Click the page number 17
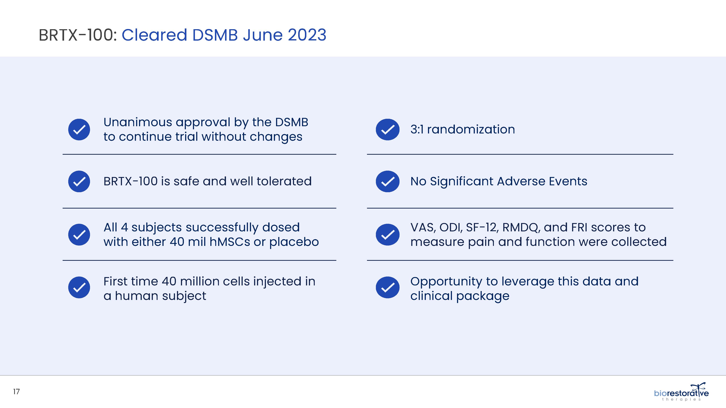point(16,392)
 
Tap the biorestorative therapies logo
point(681,392)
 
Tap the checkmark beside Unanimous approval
point(79,129)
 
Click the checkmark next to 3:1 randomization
point(388,129)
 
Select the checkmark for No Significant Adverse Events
point(388,181)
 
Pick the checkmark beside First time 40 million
point(79,287)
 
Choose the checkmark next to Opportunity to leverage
point(388,287)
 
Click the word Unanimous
point(138,122)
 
